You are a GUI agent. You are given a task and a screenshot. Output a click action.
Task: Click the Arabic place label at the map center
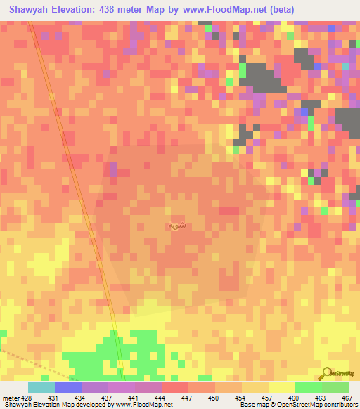pos(177,226)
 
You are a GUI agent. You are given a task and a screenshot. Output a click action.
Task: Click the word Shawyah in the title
pos(29,10)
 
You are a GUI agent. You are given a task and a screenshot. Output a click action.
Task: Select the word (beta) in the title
pos(279,10)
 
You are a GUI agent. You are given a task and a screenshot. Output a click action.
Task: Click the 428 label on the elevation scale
pos(27,398)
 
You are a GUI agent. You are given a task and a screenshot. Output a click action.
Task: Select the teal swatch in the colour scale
pos(41,387)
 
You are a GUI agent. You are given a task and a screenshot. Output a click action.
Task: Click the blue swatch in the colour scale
pos(68,387)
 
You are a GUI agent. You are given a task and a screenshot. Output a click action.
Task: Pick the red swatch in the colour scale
pos(176,387)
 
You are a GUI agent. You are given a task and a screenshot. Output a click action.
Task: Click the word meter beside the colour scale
pos(8,398)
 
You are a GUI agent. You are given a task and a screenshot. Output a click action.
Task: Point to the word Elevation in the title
pos(77,10)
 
